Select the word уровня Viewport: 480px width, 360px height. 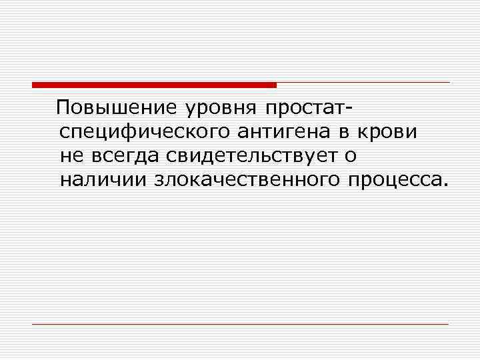[x=209, y=109]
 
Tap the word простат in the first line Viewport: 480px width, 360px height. [x=304, y=109]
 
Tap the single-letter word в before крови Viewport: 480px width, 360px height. [x=345, y=132]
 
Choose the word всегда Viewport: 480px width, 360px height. [x=125, y=156]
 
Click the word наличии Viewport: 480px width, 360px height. [x=103, y=179]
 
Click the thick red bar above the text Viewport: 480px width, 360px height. [x=153, y=85]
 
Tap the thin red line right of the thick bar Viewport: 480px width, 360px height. [x=363, y=83]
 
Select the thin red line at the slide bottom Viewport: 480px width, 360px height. [x=240, y=324]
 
